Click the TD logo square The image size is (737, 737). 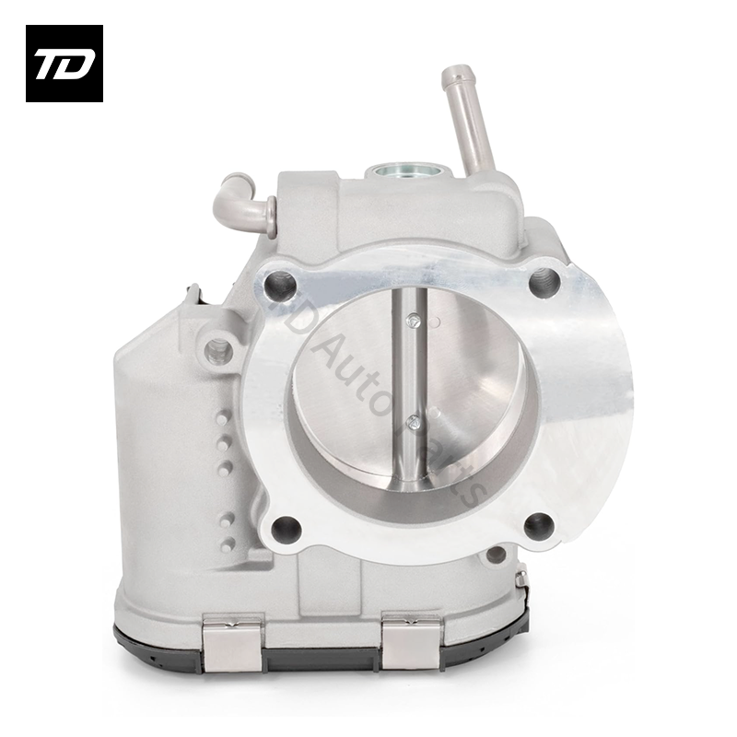tap(64, 64)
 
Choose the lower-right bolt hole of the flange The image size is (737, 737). tap(538, 526)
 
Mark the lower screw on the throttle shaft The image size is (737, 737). tap(414, 423)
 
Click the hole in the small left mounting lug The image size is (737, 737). tap(219, 349)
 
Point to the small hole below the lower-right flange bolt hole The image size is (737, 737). tap(497, 556)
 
